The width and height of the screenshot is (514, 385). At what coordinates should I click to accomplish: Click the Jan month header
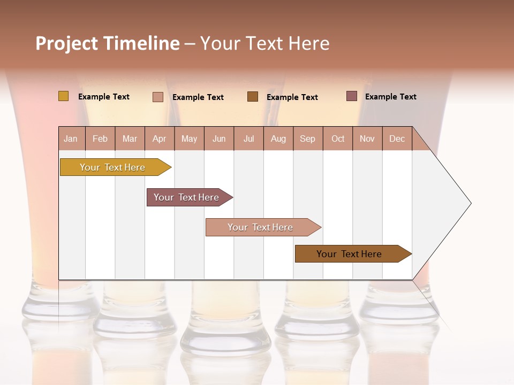[71, 138]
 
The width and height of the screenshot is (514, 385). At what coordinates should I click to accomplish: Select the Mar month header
[130, 138]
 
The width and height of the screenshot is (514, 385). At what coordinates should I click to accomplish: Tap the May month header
[189, 138]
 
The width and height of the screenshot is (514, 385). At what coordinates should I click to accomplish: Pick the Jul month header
[248, 138]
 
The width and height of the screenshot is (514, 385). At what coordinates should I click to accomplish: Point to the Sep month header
[307, 138]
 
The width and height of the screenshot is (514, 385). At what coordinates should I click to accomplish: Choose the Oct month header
[338, 138]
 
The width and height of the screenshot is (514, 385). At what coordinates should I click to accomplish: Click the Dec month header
[397, 138]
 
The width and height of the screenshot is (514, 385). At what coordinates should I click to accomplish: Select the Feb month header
[100, 138]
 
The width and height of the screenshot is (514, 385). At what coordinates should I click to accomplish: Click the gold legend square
[64, 96]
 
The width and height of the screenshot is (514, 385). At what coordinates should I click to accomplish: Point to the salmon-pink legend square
[158, 97]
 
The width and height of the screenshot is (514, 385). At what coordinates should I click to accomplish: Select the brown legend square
[253, 97]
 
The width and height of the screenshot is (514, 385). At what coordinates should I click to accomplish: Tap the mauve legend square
[352, 96]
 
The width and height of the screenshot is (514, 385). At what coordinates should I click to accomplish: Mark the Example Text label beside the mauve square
[390, 97]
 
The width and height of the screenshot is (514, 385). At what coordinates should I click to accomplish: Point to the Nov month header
[367, 138]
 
